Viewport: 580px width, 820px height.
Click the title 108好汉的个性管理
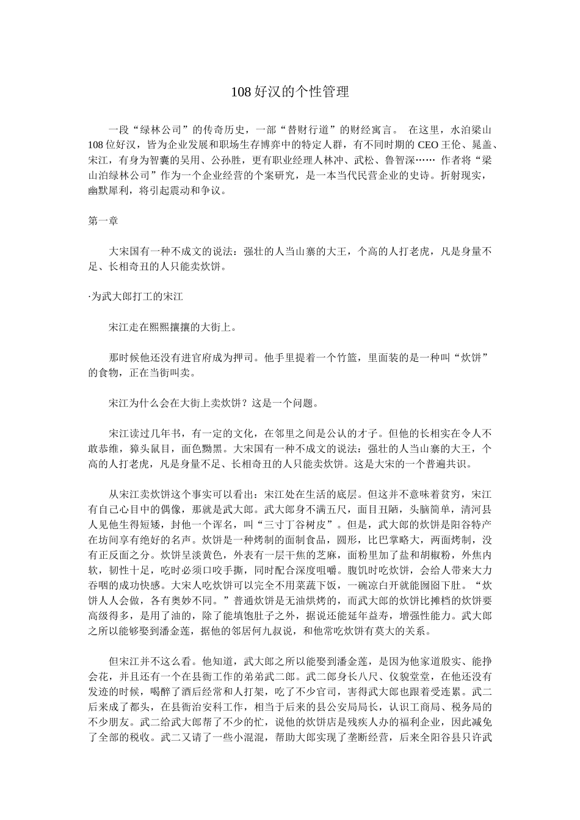click(x=289, y=92)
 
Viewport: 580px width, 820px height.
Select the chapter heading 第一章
click(x=103, y=221)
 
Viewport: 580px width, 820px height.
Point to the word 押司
click(x=239, y=357)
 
